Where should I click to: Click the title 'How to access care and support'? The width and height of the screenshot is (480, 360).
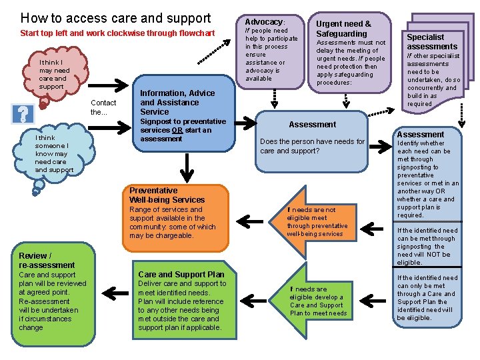click(115, 18)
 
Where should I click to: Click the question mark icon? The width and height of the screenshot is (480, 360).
click(23, 114)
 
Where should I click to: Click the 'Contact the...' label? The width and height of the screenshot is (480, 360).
click(103, 107)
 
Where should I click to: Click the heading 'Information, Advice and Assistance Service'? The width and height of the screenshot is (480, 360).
click(177, 103)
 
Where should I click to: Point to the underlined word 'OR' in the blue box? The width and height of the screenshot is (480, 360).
click(177, 131)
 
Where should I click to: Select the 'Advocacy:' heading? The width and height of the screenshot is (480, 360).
click(265, 22)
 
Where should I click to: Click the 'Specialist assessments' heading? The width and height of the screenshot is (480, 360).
click(432, 42)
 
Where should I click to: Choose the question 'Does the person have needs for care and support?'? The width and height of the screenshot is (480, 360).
click(312, 146)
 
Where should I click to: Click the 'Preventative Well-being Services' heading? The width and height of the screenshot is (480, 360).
click(167, 195)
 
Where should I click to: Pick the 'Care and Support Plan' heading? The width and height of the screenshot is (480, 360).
click(181, 274)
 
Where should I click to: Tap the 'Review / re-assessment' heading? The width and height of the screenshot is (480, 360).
click(47, 260)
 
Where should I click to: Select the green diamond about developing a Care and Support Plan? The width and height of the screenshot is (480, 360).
click(318, 301)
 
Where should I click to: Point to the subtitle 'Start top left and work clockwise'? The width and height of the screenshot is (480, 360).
click(117, 33)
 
